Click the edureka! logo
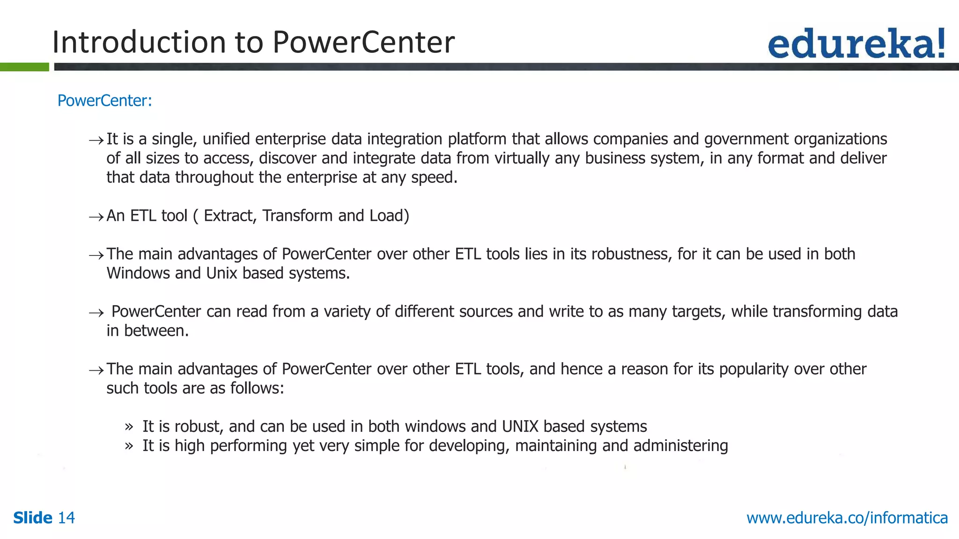[856, 44]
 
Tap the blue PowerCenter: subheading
[104, 101]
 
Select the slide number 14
[66, 517]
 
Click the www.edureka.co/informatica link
[847, 517]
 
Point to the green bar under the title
[24, 67]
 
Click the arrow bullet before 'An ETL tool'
[96, 217]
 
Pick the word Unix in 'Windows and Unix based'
[221, 273]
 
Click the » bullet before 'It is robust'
[129, 427]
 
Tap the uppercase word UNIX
[520, 427]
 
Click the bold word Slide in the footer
[33, 517]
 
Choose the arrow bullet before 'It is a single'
[96, 140]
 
